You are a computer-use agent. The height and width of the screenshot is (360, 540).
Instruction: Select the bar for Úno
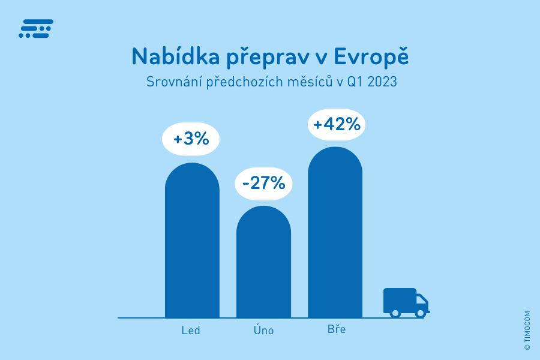coord(263,264)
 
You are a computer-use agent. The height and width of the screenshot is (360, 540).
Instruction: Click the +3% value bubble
coord(191,139)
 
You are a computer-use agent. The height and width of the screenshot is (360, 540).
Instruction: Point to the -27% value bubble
coord(263,182)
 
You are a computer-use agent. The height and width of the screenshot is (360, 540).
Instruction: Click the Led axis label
coord(191,331)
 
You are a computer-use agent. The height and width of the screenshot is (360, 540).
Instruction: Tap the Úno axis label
coord(263,330)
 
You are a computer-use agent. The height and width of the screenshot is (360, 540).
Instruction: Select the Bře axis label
coord(337,330)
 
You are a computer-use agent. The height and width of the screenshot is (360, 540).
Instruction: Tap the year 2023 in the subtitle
coord(382,82)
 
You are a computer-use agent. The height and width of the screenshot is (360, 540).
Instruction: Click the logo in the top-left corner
coord(36,29)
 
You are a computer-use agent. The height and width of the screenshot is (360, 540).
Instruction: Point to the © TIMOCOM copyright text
coord(527,331)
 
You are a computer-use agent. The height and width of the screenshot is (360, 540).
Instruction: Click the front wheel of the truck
coord(421,313)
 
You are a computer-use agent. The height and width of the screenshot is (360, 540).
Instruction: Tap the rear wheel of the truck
coord(395,313)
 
